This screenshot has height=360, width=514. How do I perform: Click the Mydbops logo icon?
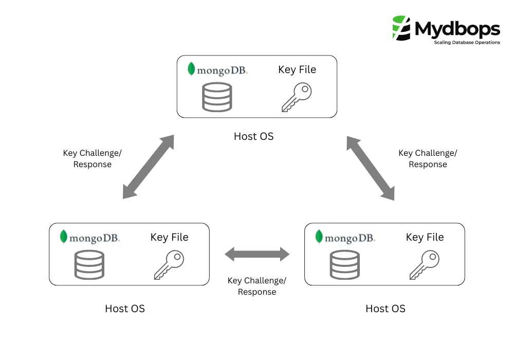tap(402, 28)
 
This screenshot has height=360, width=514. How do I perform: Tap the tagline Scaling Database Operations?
tap(467, 43)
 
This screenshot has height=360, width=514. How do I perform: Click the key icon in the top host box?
tap(297, 98)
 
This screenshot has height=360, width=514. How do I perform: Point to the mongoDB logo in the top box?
tap(217, 70)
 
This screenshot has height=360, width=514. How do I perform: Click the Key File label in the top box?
tap(297, 69)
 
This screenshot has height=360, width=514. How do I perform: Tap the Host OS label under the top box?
tap(254, 136)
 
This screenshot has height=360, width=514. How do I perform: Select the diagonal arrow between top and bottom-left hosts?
tap(149, 167)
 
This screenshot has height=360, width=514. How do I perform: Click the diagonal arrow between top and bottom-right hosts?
tap(370, 168)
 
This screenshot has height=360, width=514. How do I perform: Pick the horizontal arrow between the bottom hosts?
tap(257, 254)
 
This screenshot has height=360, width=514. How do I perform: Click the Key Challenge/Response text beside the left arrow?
tap(93, 159)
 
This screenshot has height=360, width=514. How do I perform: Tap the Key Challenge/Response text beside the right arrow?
tap(428, 159)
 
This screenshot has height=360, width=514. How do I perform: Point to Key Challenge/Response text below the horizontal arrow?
tap(257, 286)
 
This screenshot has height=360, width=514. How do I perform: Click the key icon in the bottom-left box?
tap(169, 265)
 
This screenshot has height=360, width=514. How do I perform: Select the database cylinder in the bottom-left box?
tap(89, 265)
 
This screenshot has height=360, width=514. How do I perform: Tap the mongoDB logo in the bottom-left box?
tap(89, 237)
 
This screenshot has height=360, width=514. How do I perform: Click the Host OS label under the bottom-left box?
tap(125, 309)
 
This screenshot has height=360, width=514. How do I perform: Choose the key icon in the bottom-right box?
tap(425, 265)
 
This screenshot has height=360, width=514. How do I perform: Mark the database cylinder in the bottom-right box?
tap(344, 265)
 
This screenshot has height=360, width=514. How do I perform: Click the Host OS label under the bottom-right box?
tap(385, 309)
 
